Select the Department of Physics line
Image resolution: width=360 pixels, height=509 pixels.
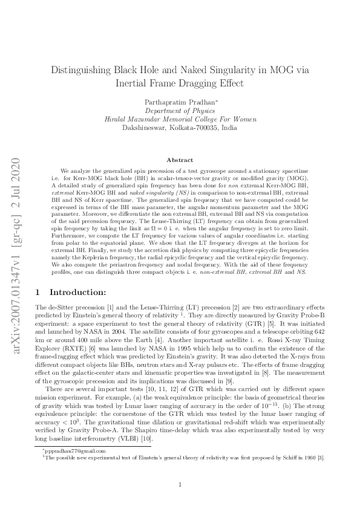[180, 111]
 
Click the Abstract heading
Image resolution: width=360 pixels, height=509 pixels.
[180, 160]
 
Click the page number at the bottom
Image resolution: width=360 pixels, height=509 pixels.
[180, 485]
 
